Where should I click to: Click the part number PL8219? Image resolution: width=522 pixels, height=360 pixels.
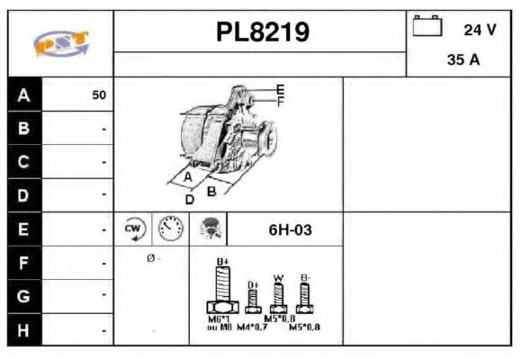263,32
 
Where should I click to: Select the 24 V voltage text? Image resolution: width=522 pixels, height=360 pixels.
480,30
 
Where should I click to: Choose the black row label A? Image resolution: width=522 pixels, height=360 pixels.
23,94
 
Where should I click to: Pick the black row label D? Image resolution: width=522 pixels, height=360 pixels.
23,194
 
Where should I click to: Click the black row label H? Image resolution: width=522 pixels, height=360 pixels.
23,329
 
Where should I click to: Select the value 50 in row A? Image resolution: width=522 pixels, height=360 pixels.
99,94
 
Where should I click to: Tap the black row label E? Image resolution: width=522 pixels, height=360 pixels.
23,229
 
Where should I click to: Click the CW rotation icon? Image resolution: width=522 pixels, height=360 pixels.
133,229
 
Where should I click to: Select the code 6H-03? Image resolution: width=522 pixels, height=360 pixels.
290,229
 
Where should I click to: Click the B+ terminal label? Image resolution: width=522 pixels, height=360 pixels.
224,262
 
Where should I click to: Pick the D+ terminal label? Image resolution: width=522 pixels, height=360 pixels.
253,285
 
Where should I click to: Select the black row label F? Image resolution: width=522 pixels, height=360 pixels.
23,263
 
